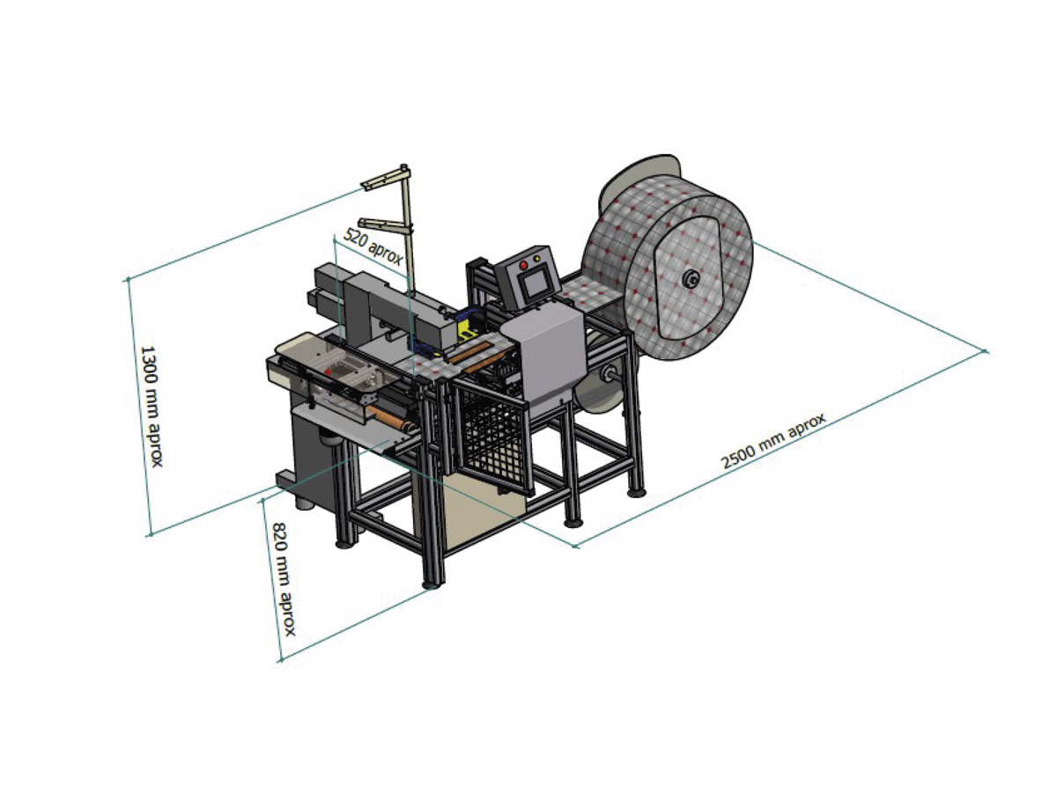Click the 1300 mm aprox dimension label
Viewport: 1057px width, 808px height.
(x=152, y=406)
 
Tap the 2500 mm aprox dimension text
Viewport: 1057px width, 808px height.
(x=772, y=441)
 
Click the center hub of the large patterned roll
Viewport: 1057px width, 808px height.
(x=692, y=279)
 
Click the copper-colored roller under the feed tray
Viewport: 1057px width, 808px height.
(x=389, y=418)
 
